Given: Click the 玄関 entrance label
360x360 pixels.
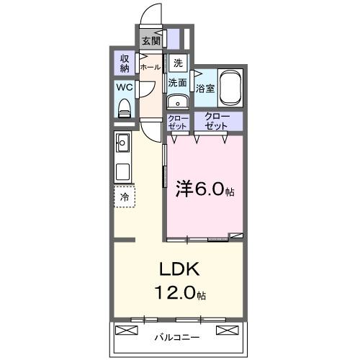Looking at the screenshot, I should (151, 41).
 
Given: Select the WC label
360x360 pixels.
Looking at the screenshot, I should (125, 89).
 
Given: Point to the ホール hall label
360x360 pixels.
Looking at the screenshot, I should (150, 67).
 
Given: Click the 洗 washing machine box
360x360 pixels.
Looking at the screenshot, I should (178, 61).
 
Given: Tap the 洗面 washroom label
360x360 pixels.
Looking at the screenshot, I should (178, 83).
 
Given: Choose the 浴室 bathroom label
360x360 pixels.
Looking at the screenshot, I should (205, 89).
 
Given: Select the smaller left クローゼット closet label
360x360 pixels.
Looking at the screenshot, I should (178, 122).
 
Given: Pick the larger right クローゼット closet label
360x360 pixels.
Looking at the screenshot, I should (217, 121).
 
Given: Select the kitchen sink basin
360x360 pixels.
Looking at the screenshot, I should (122, 141).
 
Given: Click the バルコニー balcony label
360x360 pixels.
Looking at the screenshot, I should (177, 336).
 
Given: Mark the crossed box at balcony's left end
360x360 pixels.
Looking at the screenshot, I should (126, 331).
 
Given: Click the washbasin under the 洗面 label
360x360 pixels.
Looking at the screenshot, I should (178, 102).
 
